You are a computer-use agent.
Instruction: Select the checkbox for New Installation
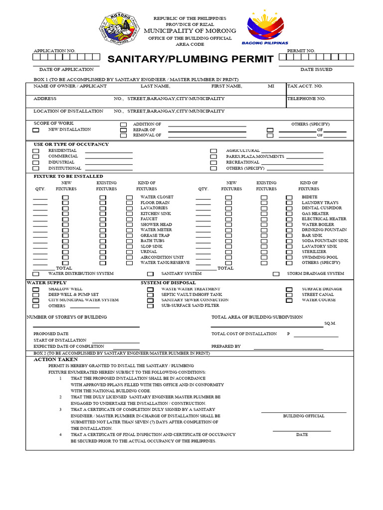click(36, 130)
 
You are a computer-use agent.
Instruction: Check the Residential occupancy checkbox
click(36, 151)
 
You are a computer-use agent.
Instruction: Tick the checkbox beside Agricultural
click(213, 151)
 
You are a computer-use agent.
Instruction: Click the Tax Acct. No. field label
click(305, 86)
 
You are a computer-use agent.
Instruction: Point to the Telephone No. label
click(307, 99)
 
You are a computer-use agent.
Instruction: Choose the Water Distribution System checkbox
click(36, 274)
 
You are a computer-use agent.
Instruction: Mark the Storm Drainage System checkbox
click(276, 274)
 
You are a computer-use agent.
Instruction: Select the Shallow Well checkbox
click(36, 289)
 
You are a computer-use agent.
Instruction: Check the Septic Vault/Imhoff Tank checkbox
click(150, 295)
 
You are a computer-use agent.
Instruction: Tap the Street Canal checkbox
click(289, 295)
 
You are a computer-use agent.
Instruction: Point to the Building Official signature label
click(304, 416)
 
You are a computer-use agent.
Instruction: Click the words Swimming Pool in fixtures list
click(320, 257)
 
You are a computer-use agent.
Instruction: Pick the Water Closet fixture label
click(157, 197)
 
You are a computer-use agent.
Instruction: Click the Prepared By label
click(226, 346)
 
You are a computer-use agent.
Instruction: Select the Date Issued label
click(316, 70)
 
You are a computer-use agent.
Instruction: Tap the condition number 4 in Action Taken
click(60, 435)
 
